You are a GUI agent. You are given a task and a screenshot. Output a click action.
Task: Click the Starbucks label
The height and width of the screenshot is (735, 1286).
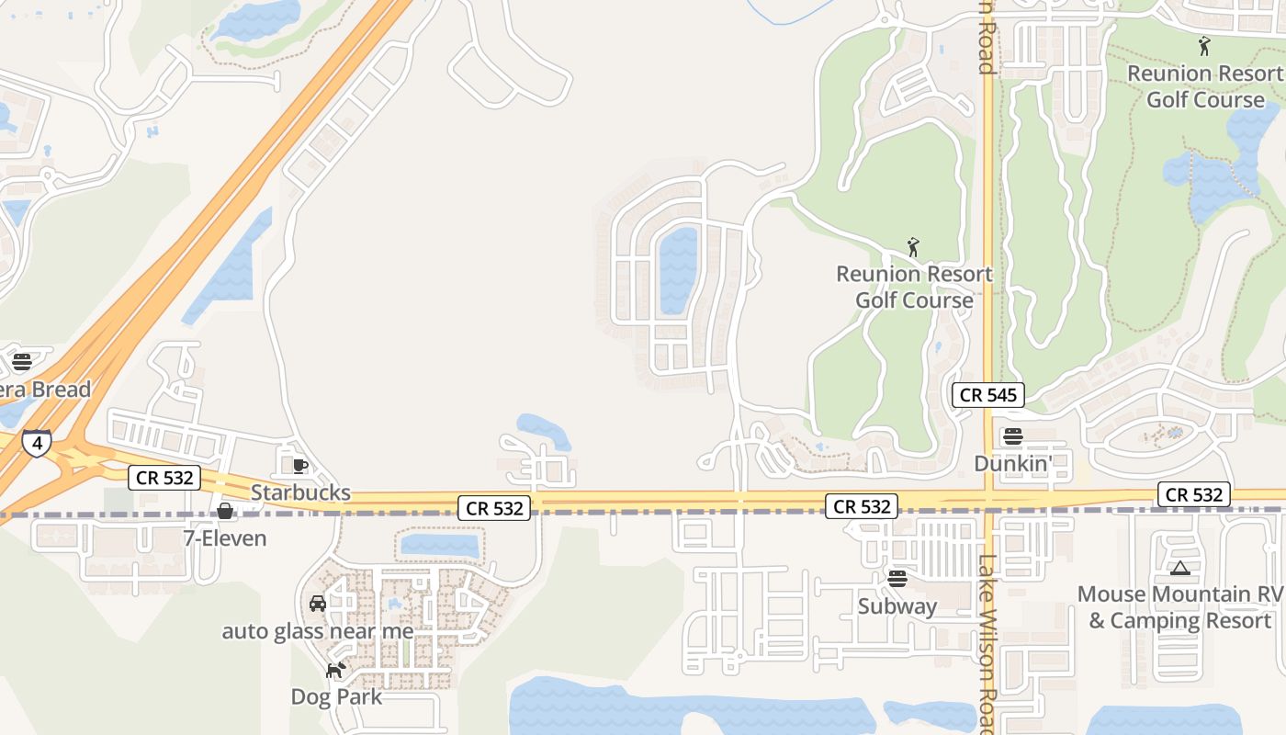tap(300, 492)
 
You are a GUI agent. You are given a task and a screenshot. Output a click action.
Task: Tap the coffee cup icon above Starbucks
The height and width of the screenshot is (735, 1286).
tap(299, 466)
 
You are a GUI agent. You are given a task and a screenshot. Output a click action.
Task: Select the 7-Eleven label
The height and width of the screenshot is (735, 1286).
tap(225, 538)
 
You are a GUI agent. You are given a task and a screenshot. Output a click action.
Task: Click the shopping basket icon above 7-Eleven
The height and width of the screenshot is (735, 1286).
tap(225, 511)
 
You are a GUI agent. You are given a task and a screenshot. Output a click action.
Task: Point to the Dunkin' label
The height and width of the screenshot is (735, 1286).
tap(1012, 464)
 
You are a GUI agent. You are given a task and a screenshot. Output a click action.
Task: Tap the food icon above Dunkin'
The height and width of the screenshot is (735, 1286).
tap(1013, 436)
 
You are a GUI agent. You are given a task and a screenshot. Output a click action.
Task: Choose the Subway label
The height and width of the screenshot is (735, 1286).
tap(897, 606)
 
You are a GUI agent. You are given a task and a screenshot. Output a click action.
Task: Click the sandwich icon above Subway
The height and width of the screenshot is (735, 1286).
tap(897, 579)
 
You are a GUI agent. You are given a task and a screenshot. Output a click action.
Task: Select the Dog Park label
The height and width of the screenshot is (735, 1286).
tap(336, 696)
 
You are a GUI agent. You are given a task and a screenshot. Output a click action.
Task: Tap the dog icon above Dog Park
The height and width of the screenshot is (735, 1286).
tap(335, 670)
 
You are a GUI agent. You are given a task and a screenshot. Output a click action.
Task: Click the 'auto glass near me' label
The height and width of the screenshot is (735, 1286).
tap(318, 631)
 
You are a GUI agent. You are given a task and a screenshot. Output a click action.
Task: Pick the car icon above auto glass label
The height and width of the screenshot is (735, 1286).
tap(318, 604)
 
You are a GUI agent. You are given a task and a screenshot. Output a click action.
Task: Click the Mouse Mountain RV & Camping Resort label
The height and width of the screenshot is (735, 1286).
tap(1179, 607)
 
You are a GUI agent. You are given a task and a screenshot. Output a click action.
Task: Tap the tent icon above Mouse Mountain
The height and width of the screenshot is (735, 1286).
tap(1180, 569)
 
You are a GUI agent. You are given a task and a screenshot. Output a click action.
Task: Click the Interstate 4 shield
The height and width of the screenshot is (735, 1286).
tap(37, 444)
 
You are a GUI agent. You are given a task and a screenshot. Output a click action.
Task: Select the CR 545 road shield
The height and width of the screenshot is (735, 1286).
tap(987, 395)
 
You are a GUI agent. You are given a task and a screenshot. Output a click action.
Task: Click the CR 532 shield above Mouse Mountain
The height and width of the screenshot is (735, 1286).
tap(1193, 494)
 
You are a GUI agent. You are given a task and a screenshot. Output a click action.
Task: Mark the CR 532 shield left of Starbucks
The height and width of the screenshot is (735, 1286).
tap(164, 477)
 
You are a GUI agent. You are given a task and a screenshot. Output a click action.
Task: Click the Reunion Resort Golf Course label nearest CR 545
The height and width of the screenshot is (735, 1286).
tap(914, 287)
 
